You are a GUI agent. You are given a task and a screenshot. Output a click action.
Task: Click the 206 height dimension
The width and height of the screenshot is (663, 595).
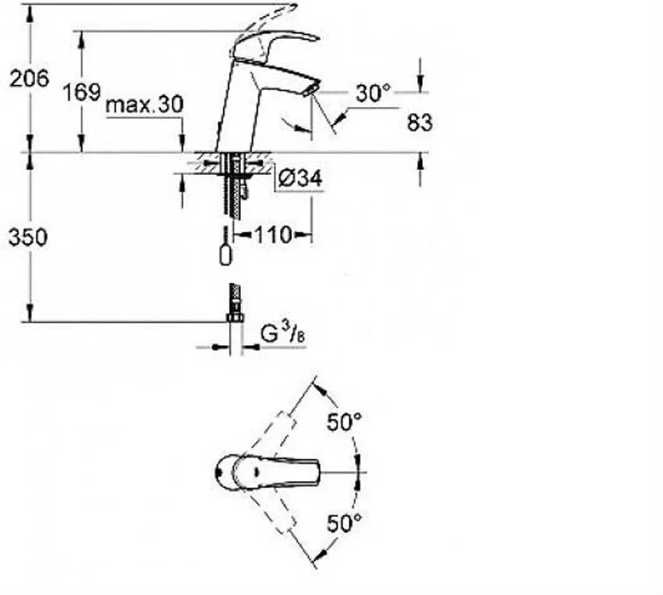pos(29,78)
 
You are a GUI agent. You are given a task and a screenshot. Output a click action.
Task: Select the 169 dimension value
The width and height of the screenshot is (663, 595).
pos(82,92)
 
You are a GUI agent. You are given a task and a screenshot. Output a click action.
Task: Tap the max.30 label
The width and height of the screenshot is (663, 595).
pos(144,105)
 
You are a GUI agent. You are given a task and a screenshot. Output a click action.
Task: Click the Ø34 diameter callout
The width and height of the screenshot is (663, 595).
pos(300,178)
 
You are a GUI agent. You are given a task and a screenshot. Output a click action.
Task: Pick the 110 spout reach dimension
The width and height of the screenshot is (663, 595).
pos(273,234)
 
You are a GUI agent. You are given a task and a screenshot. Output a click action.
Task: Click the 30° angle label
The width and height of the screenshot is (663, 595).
pos(374,93)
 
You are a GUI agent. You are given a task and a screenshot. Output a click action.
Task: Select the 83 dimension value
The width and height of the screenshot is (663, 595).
pos(420,123)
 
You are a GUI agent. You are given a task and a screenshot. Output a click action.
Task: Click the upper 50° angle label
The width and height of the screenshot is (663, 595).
pos(345,422)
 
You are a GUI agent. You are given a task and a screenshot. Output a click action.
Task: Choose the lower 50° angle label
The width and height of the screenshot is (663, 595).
pos(345,523)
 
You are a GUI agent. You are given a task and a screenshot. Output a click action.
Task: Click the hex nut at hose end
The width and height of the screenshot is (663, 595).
pos(235,317)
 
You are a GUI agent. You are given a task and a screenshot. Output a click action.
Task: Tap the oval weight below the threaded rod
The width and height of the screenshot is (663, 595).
pos(226,255)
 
